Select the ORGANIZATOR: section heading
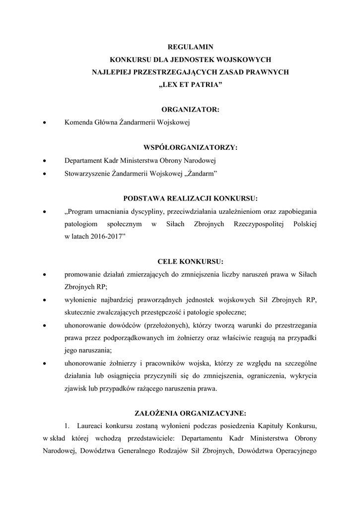click(190, 110)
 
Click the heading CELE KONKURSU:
click(190, 261)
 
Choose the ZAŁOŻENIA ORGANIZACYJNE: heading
click(190, 413)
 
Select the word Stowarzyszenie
click(87, 173)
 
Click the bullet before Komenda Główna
click(45, 123)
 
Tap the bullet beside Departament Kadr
click(45, 161)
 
